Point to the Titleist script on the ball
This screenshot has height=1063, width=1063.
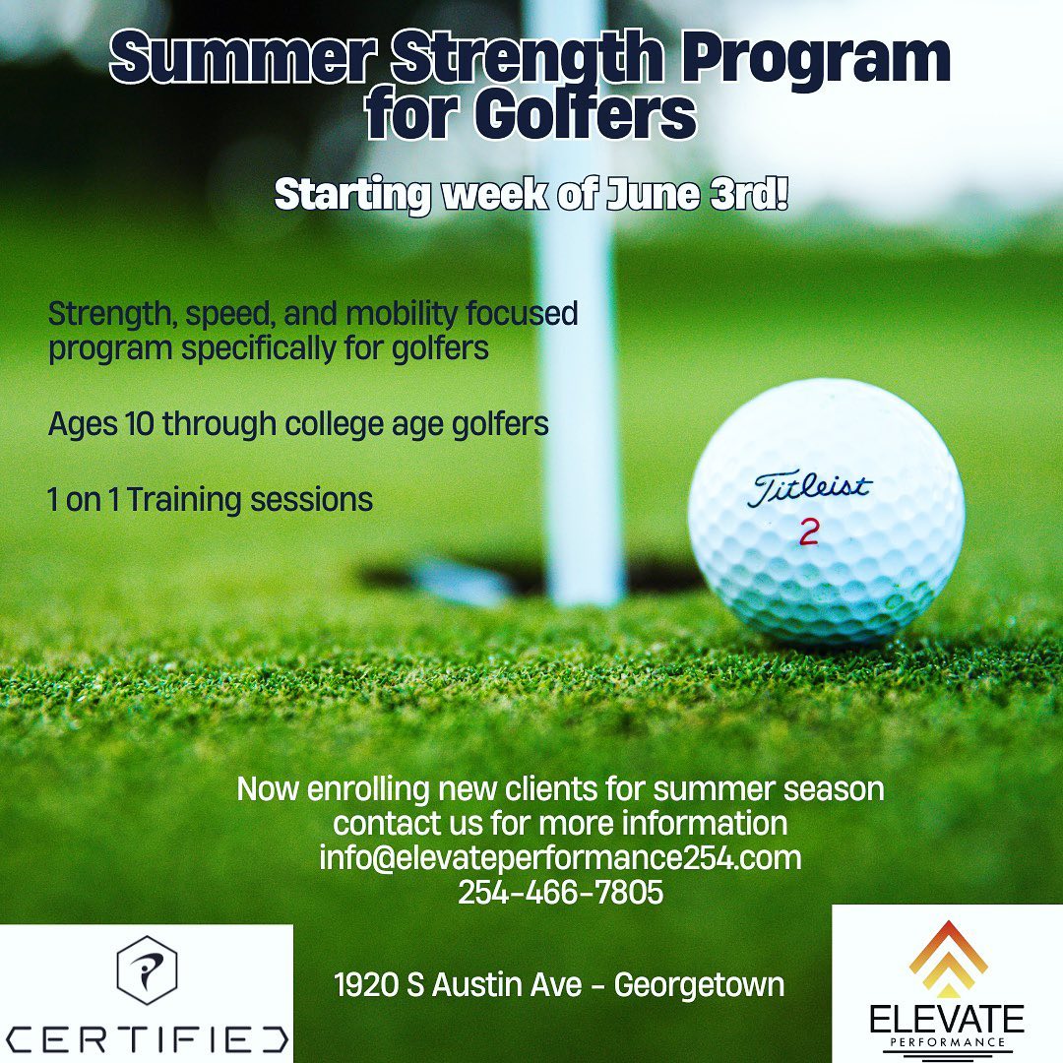[x=809, y=489]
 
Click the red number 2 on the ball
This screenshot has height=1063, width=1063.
[x=808, y=531]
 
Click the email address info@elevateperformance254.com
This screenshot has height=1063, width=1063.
[x=560, y=857]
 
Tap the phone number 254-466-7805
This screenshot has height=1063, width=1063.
[x=561, y=892]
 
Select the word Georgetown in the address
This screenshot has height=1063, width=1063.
[x=699, y=985]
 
